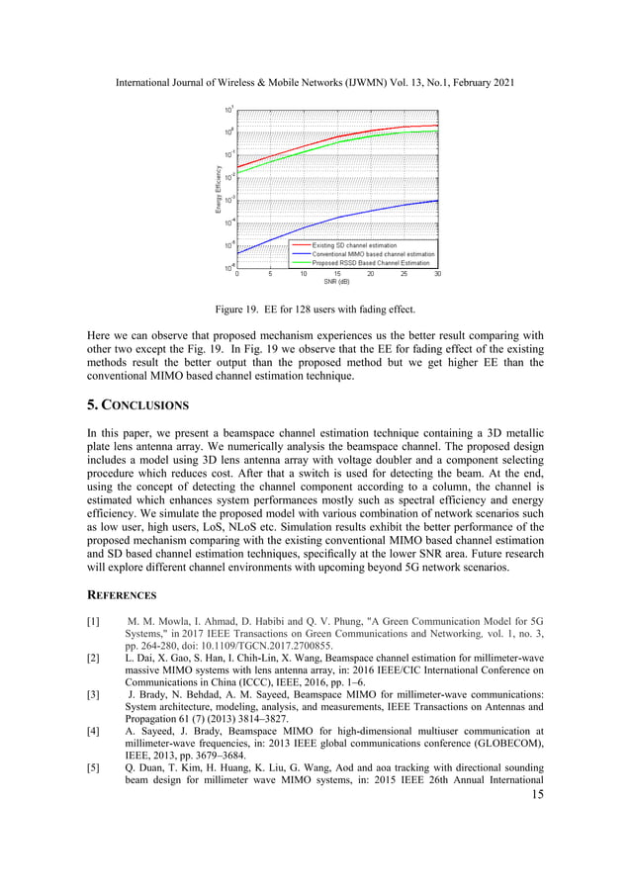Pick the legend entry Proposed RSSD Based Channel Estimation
371,263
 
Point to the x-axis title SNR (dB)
337,282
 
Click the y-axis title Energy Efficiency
219,188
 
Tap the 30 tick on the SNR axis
437,274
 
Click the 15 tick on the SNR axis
337,274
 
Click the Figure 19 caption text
315,309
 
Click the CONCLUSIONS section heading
137,405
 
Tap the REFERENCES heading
122,595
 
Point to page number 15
537,795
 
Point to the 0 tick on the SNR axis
237,274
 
